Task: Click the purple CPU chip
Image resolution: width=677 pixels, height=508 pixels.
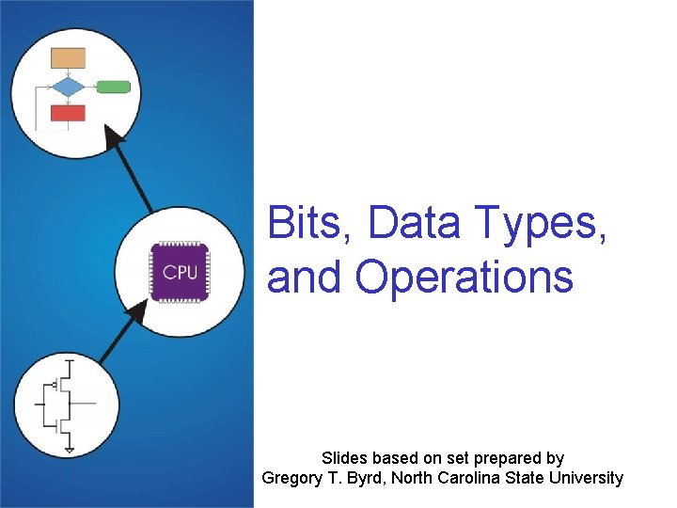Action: pyautogui.click(x=180, y=272)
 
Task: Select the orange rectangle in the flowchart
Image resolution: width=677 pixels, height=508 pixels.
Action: pyautogui.click(x=68, y=57)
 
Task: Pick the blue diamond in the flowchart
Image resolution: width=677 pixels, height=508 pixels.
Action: pyautogui.click(x=68, y=87)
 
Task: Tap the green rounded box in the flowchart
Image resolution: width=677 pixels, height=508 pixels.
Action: pyautogui.click(x=114, y=87)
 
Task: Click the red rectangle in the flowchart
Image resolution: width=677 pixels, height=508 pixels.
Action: pyautogui.click(x=68, y=114)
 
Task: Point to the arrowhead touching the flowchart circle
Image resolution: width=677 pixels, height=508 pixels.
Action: pyautogui.click(x=115, y=141)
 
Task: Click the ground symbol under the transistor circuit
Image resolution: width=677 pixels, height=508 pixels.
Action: pyautogui.click(x=69, y=450)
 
